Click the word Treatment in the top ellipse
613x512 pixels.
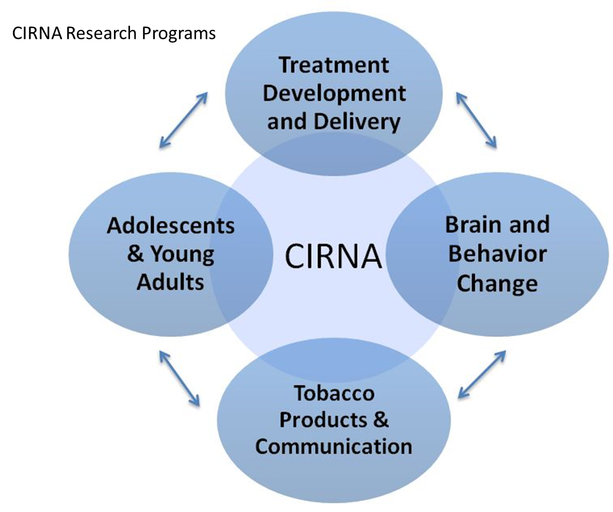click(x=334, y=65)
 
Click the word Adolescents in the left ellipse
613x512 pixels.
click(x=171, y=226)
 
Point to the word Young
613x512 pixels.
click(x=183, y=255)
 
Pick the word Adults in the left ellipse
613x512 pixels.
click(x=170, y=282)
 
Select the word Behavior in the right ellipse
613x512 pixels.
click(x=497, y=254)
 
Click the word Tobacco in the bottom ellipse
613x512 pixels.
click(x=334, y=393)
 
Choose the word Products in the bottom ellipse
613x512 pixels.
click(x=324, y=420)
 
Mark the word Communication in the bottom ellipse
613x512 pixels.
click(x=334, y=446)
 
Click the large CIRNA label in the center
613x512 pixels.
click(x=333, y=256)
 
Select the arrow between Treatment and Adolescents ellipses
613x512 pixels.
click(x=183, y=120)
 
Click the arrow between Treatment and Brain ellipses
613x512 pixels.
click(x=476, y=120)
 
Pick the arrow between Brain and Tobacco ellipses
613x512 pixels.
click(x=482, y=375)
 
